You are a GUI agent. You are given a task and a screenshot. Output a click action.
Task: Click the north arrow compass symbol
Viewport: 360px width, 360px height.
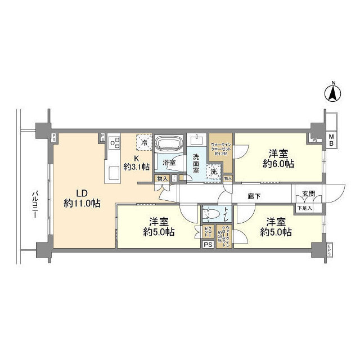click(332, 93)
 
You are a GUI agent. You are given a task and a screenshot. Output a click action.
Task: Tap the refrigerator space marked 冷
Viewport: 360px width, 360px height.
click(145, 142)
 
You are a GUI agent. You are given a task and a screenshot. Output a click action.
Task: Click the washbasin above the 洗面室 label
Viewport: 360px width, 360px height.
click(197, 140)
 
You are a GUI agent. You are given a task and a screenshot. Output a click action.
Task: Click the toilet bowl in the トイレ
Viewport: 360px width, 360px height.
click(211, 214)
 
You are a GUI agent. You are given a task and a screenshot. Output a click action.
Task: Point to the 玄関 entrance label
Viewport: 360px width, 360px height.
click(309, 194)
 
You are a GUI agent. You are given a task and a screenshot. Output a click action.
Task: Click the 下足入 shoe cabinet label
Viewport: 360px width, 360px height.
click(304, 208)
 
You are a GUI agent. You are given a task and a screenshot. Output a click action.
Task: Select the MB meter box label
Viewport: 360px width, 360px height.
click(331, 140)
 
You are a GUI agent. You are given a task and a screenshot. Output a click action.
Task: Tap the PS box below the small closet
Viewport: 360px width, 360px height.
click(208, 244)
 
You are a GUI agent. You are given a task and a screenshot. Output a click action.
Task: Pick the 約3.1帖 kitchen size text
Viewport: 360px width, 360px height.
click(137, 166)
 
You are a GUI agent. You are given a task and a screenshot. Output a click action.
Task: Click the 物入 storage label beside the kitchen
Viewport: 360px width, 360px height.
click(161, 178)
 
